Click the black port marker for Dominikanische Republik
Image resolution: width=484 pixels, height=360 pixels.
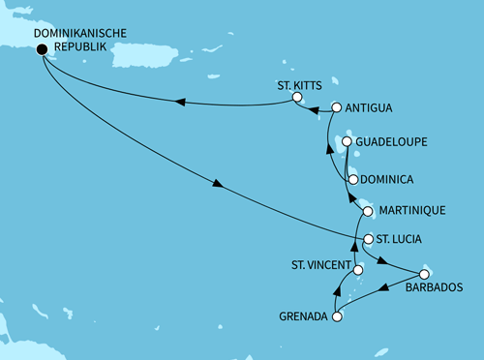point(43,52)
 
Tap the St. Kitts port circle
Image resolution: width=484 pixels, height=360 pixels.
point(299,100)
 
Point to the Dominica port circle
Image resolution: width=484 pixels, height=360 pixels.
point(351,179)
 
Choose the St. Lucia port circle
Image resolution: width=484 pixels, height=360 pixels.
point(368,238)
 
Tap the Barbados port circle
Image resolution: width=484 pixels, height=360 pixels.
point(423,274)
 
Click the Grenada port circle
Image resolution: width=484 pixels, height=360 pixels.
point(337,315)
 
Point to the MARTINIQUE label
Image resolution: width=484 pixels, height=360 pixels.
point(411,210)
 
